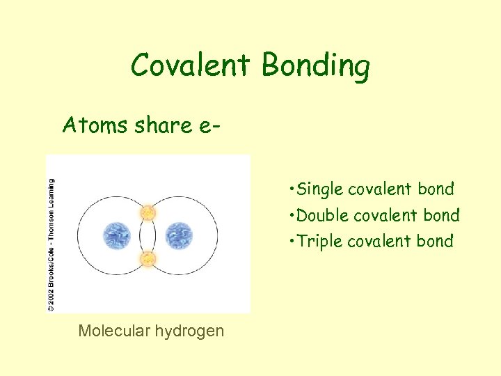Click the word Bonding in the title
pos(316,68)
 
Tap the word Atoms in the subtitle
pos(93,125)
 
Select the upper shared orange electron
pos(148,212)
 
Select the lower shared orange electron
pos(148,260)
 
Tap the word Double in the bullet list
pos(323,216)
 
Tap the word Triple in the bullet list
pos(319,242)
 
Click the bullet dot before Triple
pos(289,242)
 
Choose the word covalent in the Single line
pos(380,189)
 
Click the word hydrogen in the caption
pos(191,331)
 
